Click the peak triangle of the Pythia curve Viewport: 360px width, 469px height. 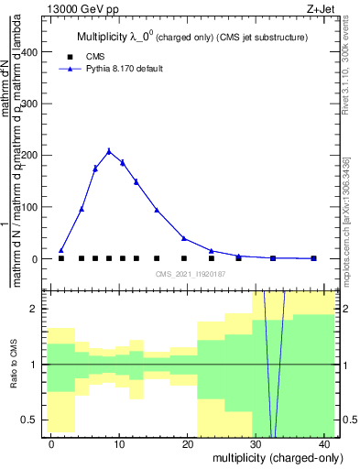pos(109,151)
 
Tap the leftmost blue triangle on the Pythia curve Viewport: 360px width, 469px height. pos(61,250)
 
